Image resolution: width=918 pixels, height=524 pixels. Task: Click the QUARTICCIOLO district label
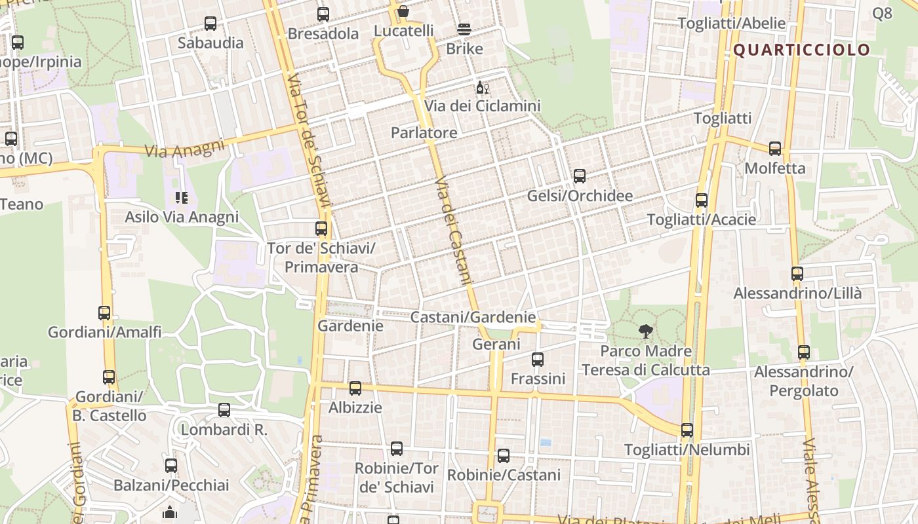coord(801,50)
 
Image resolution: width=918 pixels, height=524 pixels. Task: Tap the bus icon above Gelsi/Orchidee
coord(579,176)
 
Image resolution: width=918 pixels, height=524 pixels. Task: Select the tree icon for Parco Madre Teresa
coord(646,331)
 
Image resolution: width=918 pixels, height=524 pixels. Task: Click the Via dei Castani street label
coord(454,231)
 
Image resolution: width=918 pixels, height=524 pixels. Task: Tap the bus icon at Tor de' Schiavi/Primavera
coord(321,229)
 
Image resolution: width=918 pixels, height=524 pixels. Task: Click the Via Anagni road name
coord(184,149)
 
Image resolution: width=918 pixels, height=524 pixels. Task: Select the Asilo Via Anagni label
coord(182,217)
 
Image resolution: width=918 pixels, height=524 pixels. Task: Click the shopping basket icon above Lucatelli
coord(403,11)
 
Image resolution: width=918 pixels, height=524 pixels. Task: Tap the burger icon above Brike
coord(464,29)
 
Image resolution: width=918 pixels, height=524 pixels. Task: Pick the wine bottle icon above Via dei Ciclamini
coord(482,87)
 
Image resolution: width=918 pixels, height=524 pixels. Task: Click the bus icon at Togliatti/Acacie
coord(702,200)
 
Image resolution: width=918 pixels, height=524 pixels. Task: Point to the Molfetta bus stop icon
coord(775,149)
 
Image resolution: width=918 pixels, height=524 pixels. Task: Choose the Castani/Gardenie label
coord(473,317)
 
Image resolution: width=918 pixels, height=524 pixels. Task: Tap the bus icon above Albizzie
coord(355,388)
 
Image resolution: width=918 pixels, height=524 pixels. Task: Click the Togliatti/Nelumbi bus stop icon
coord(687,430)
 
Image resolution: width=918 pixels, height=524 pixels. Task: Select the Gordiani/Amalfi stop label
coord(104,332)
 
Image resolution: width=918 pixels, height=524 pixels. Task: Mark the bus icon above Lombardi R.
coord(224,410)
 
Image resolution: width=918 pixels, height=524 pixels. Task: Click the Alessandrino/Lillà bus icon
coord(797,274)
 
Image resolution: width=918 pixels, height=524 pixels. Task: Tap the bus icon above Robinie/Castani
coord(504,456)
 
